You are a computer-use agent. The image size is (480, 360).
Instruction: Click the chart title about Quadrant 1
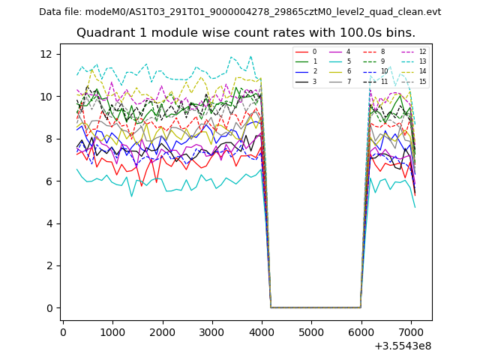click(x=246, y=33)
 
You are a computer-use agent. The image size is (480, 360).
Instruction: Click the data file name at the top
click(x=240, y=12)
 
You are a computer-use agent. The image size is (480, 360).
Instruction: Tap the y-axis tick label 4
click(x=47, y=223)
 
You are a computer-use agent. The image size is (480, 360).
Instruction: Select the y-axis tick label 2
click(x=47, y=265)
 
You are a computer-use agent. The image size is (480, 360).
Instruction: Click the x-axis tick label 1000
click(x=112, y=331)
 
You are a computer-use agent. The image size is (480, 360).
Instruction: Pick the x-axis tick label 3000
click(x=212, y=331)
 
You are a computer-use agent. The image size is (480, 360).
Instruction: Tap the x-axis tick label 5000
click(x=311, y=331)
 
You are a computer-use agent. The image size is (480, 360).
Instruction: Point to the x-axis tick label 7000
click(x=411, y=331)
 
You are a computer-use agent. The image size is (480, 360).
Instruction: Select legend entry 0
click(x=314, y=52)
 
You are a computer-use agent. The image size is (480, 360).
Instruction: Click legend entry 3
click(x=314, y=81)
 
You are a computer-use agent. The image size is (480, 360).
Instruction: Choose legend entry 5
click(x=348, y=61)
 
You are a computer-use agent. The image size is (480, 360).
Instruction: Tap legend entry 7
click(x=348, y=81)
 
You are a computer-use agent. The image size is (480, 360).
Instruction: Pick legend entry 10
click(x=384, y=71)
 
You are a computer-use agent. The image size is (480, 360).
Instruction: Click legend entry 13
click(x=422, y=61)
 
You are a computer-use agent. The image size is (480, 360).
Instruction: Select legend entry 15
click(x=422, y=81)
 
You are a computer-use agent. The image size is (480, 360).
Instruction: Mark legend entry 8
click(x=382, y=52)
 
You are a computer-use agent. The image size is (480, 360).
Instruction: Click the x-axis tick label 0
click(x=63, y=331)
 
